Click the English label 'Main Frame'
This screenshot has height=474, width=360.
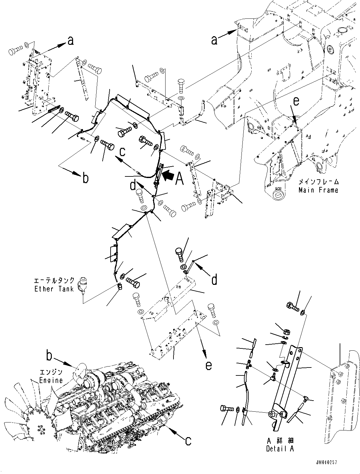click(x=318, y=190)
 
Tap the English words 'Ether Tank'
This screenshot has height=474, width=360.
click(x=54, y=289)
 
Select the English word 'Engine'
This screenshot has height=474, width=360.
click(x=51, y=380)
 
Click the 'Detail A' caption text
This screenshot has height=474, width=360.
click(x=280, y=449)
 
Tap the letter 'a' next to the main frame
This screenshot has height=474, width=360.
click(x=215, y=40)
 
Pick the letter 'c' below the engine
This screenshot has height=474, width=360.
click(x=188, y=440)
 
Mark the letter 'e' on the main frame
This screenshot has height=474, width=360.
click(x=296, y=101)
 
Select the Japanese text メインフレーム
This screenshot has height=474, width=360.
click(x=318, y=182)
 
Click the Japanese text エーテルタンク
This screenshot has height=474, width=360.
click(x=54, y=281)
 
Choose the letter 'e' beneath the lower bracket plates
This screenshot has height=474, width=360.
click(x=208, y=366)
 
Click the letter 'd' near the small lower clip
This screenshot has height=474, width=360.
click(x=214, y=279)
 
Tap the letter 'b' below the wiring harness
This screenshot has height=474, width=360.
click(x=85, y=178)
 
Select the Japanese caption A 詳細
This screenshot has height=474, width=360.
click(x=280, y=441)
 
